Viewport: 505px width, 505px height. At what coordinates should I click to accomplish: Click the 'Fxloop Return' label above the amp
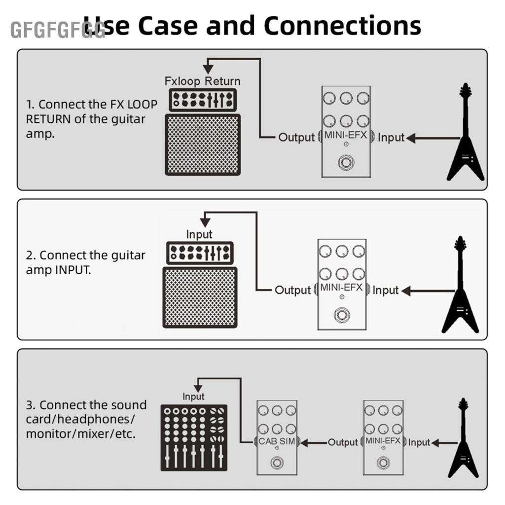click(202, 81)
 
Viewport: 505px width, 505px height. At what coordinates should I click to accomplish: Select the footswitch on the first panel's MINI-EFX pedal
click(345, 163)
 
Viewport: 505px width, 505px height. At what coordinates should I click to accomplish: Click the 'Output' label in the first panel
click(296, 138)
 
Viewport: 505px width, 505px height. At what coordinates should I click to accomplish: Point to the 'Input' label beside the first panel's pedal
click(391, 138)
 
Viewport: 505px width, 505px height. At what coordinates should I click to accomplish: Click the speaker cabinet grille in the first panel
click(203, 144)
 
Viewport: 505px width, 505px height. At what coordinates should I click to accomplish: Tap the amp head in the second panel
click(199, 252)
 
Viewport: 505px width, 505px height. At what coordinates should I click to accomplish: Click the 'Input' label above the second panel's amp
click(199, 234)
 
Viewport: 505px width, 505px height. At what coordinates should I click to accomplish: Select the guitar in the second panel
click(460, 291)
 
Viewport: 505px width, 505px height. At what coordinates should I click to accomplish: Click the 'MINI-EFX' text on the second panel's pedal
click(342, 288)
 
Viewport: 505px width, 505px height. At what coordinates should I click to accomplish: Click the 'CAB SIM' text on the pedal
click(277, 441)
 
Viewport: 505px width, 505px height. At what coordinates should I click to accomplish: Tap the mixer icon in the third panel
click(194, 437)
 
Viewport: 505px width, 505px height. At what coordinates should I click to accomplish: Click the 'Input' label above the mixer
click(193, 397)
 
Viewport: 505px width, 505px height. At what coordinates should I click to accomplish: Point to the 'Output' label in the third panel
click(343, 442)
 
